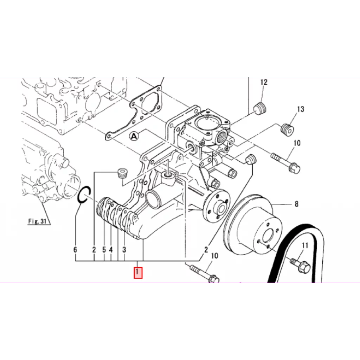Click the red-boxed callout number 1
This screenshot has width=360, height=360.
coord(137,272)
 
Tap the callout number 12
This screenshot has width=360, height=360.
coord(264,82)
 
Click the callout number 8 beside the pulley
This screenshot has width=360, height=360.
coord(296,204)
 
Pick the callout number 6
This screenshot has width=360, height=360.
coord(75,250)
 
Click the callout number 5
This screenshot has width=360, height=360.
coord(104,250)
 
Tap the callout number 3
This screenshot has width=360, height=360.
coord(124,250)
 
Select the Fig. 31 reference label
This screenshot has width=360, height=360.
coord(38,221)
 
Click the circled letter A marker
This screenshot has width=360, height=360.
coord(134,136)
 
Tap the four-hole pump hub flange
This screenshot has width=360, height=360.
coord(216,207)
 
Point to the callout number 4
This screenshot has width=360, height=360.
coord(111,250)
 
